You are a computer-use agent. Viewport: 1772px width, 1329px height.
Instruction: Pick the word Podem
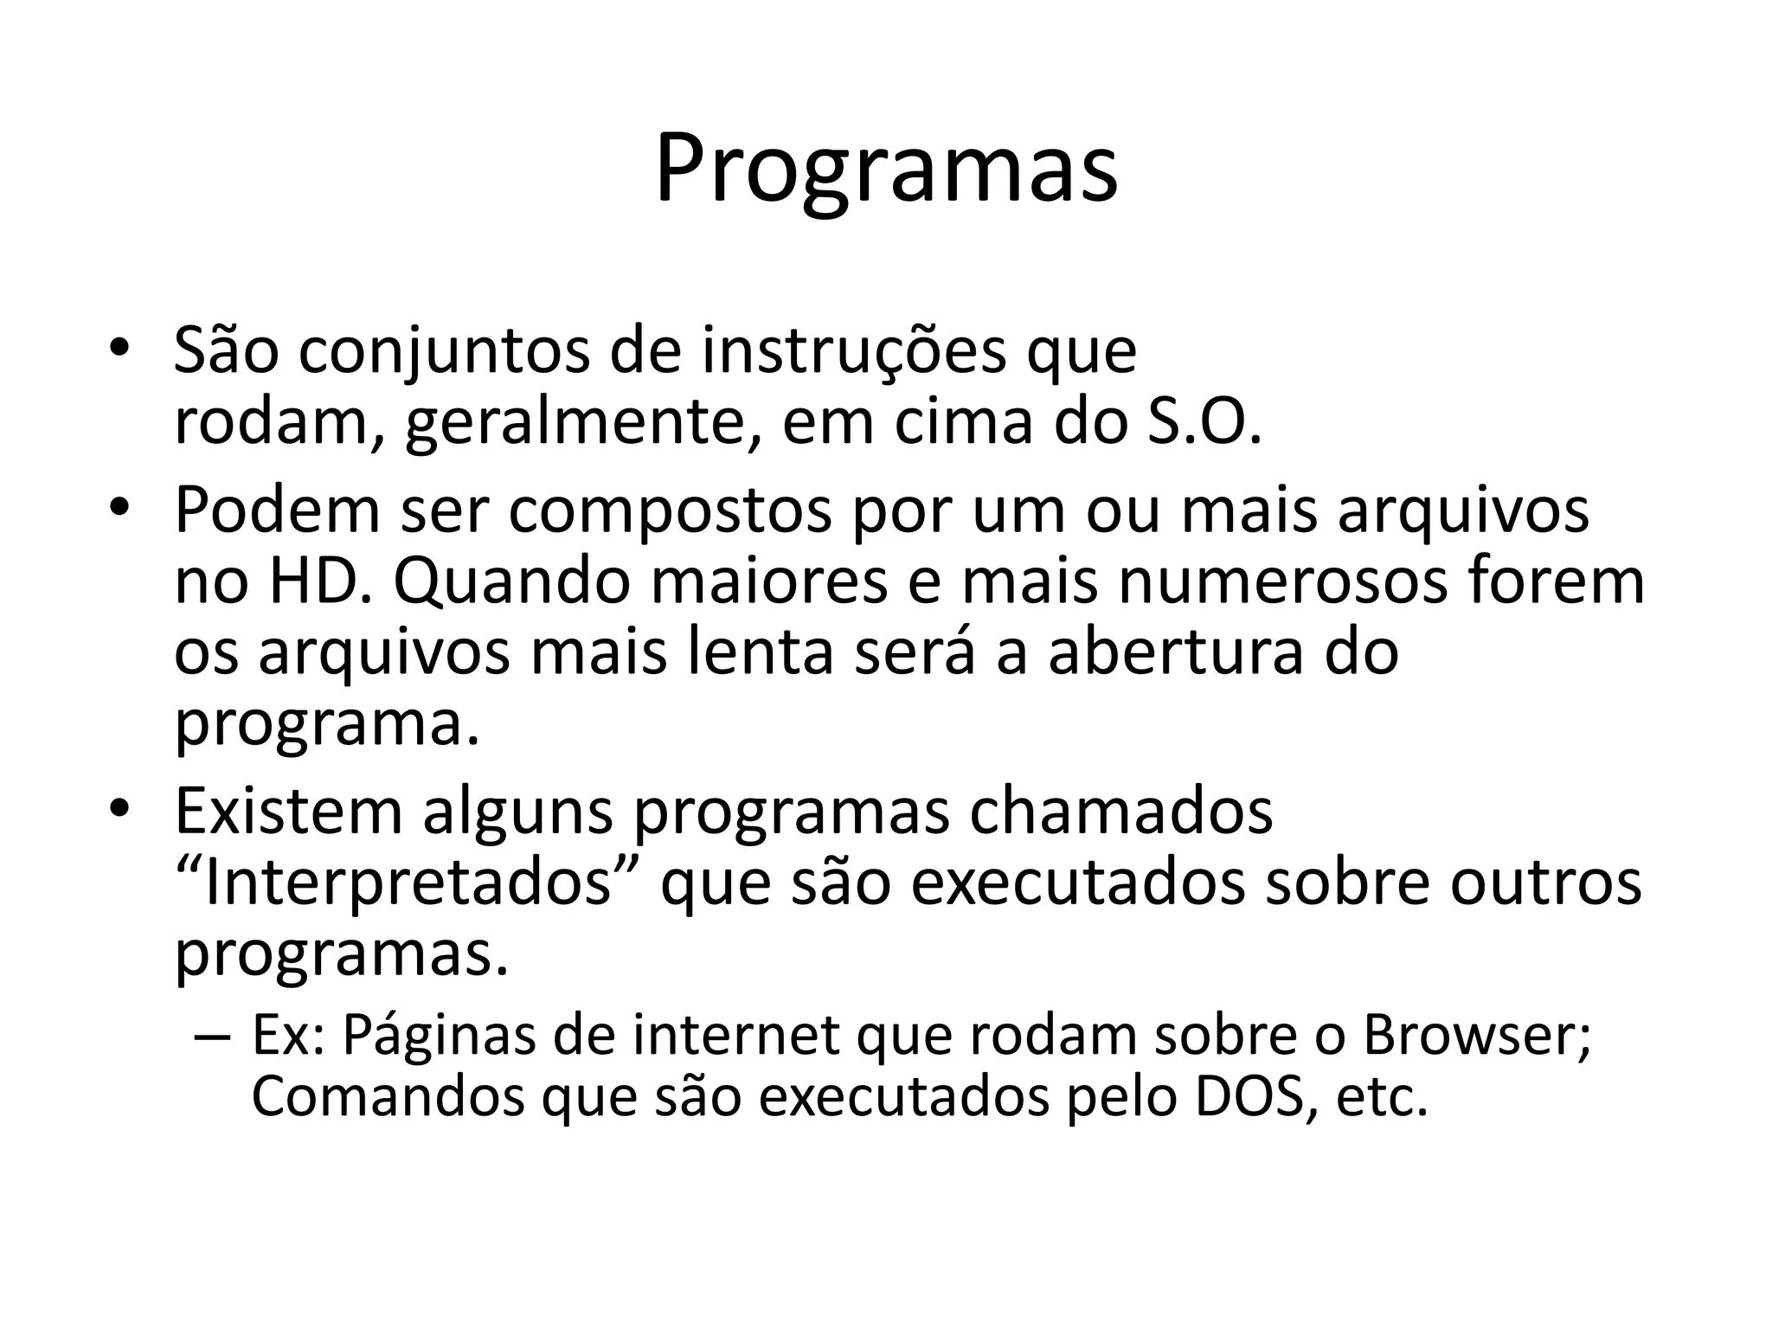pyautogui.click(x=277, y=510)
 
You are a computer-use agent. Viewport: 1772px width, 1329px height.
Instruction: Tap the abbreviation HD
pyautogui.click(x=320, y=581)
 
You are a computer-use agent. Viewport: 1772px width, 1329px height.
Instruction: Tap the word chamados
pyautogui.click(x=1120, y=811)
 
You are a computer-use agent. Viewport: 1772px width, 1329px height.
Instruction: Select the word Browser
pyautogui.click(x=1474, y=1035)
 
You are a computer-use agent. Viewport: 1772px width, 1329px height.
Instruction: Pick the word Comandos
pyautogui.click(x=388, y=1096)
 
